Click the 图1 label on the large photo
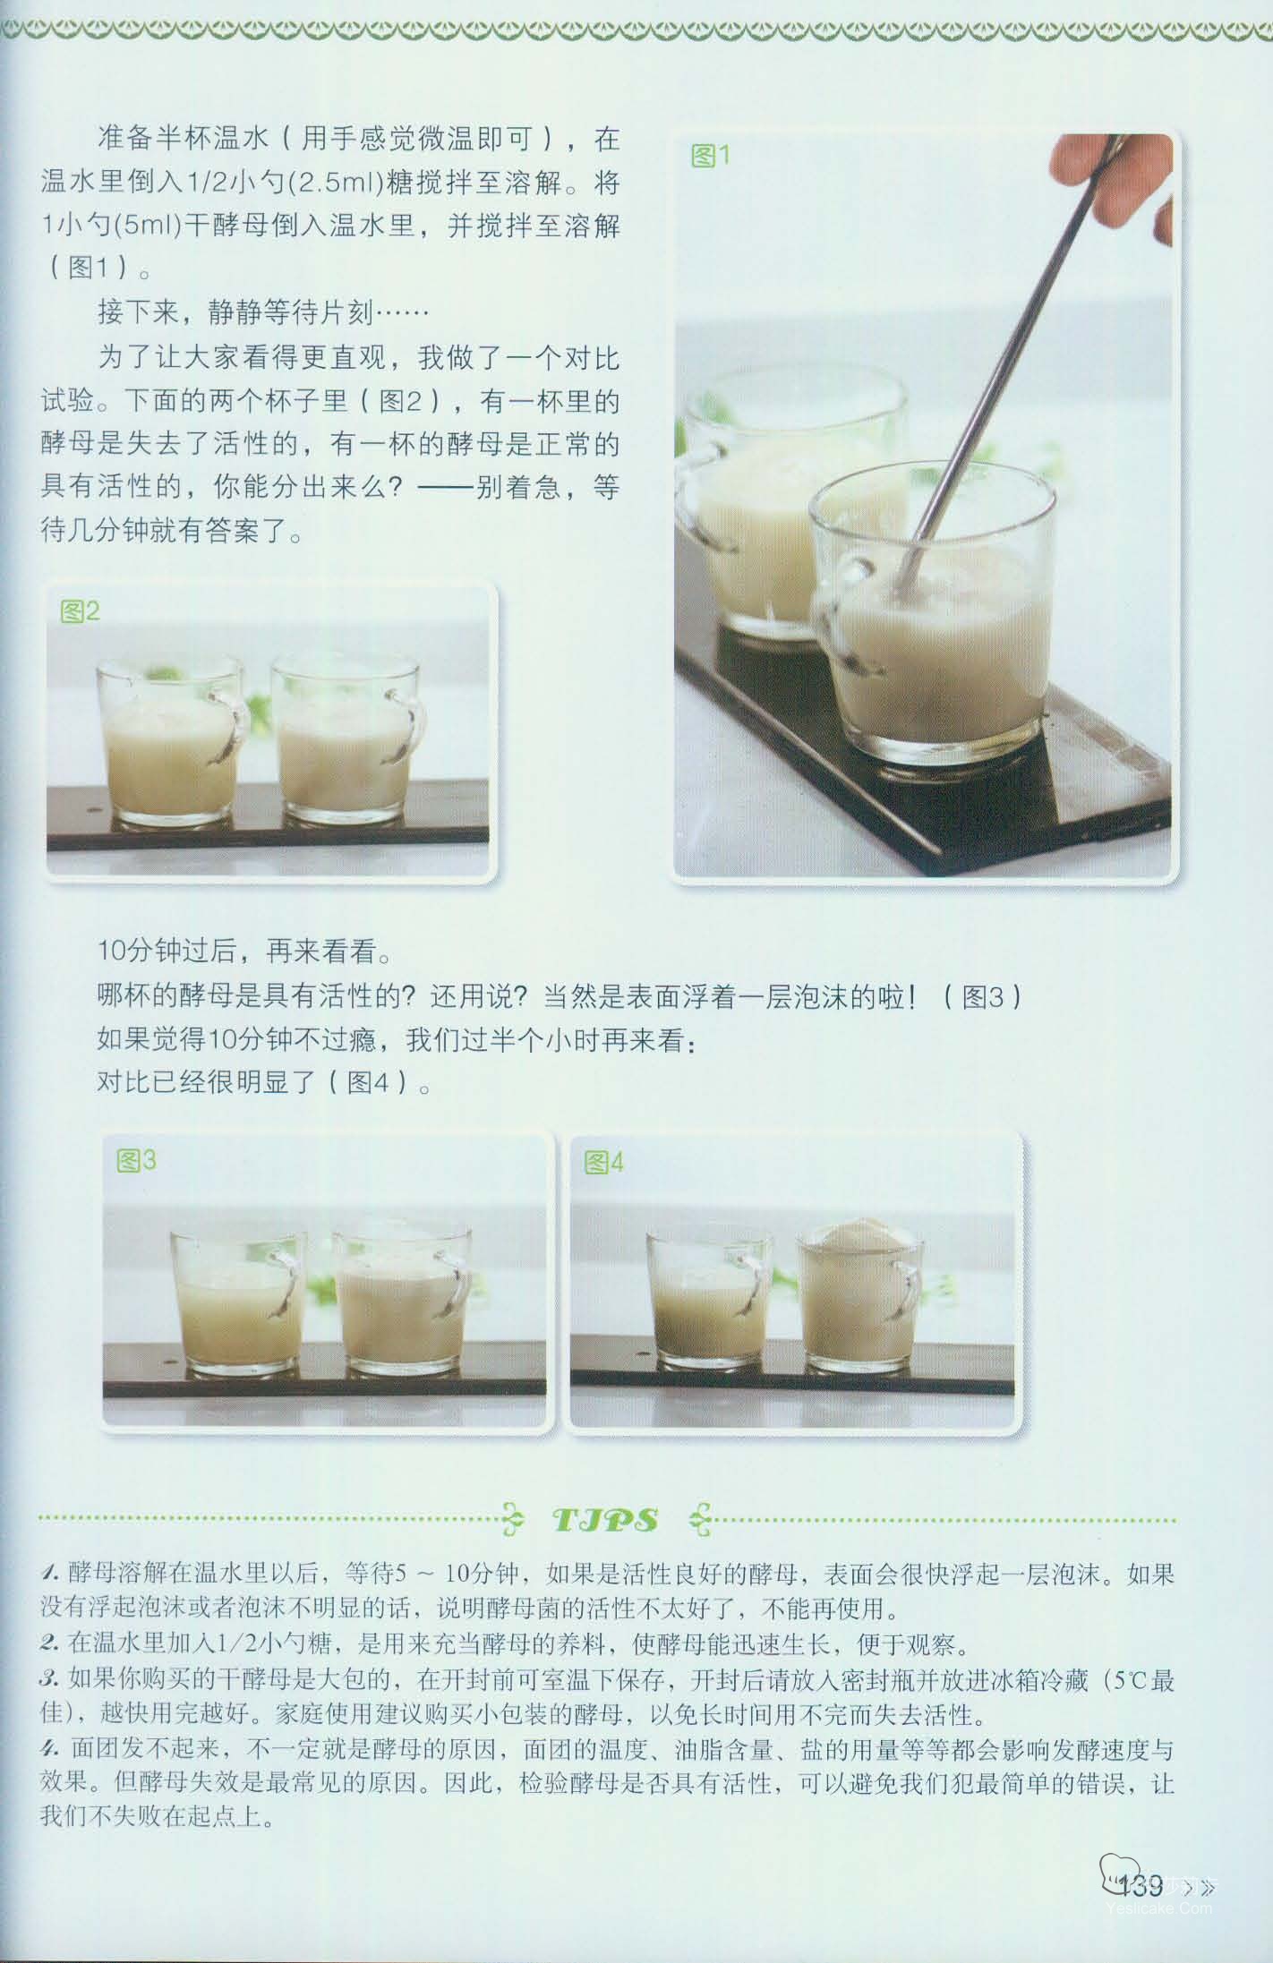pyautogui.click(x=711, y=156)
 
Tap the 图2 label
pyautogui.click(x=80, y=612)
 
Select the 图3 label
pyautogui.click(x=136, y=1161)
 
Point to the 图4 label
pyautogui.click(x=603, y=1163)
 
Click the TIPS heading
pyautogui.click(x=606, y=1520)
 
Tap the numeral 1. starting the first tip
pyautogui.click(x=50, y=1574)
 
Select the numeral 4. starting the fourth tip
pyautogui.click(x=50, y=1749)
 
